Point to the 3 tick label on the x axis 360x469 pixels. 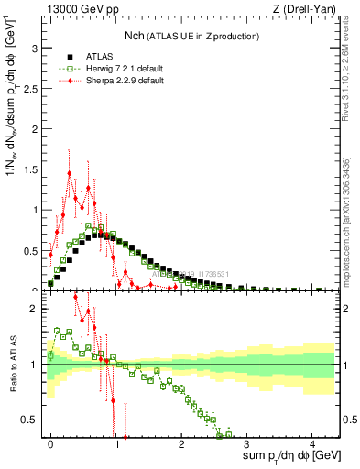(x=247, y=443)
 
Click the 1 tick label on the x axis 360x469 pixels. (x=116, y=443)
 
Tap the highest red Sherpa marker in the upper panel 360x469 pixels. (x=70, y=173)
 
